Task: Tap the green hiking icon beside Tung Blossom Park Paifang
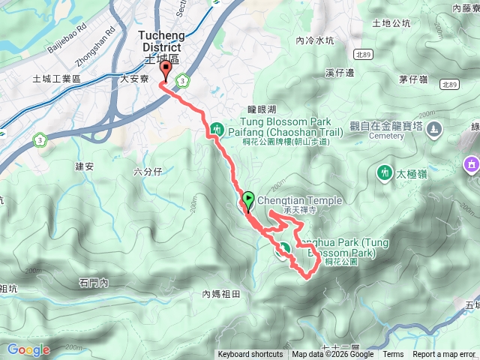click(217, 130)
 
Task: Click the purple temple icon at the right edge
click(472, 163)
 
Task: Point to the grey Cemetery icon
click(434, 130)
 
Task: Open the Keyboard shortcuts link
click(250, 355)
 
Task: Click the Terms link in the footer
click(393, 355)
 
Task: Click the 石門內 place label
click(94, 283)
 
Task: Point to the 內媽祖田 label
click(221, 294)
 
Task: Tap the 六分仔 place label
click(148, 171)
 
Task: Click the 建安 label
click(84, 166)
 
